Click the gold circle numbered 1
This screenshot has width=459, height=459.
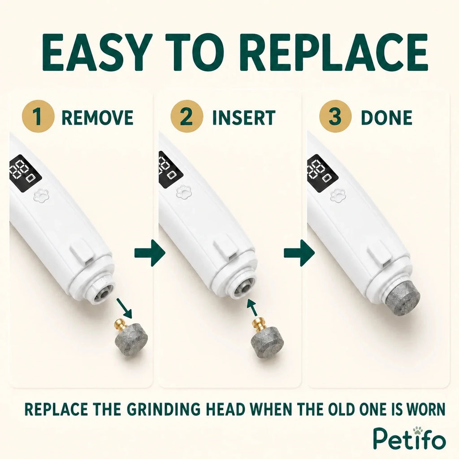pos(38,116)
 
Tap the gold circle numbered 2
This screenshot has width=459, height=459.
pos(187,116)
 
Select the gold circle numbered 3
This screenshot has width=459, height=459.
pos(335,116)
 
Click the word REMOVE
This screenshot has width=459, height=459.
pos(97,117)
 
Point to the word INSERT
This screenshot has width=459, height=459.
pos(244,117)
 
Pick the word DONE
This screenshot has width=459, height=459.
pos(387,117)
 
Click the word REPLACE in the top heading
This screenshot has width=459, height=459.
pos(335,52)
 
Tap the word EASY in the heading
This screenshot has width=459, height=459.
pos(97,52)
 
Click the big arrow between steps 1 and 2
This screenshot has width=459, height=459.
pos(150,253)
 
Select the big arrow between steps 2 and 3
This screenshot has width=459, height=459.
pos(299,253)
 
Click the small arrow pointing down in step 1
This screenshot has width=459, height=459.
pos(125,308)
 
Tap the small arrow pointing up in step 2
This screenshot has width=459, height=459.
pos(253,307)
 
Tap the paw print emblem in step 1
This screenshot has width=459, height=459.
pos(41,195)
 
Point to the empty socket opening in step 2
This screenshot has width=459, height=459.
pos(242,288)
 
